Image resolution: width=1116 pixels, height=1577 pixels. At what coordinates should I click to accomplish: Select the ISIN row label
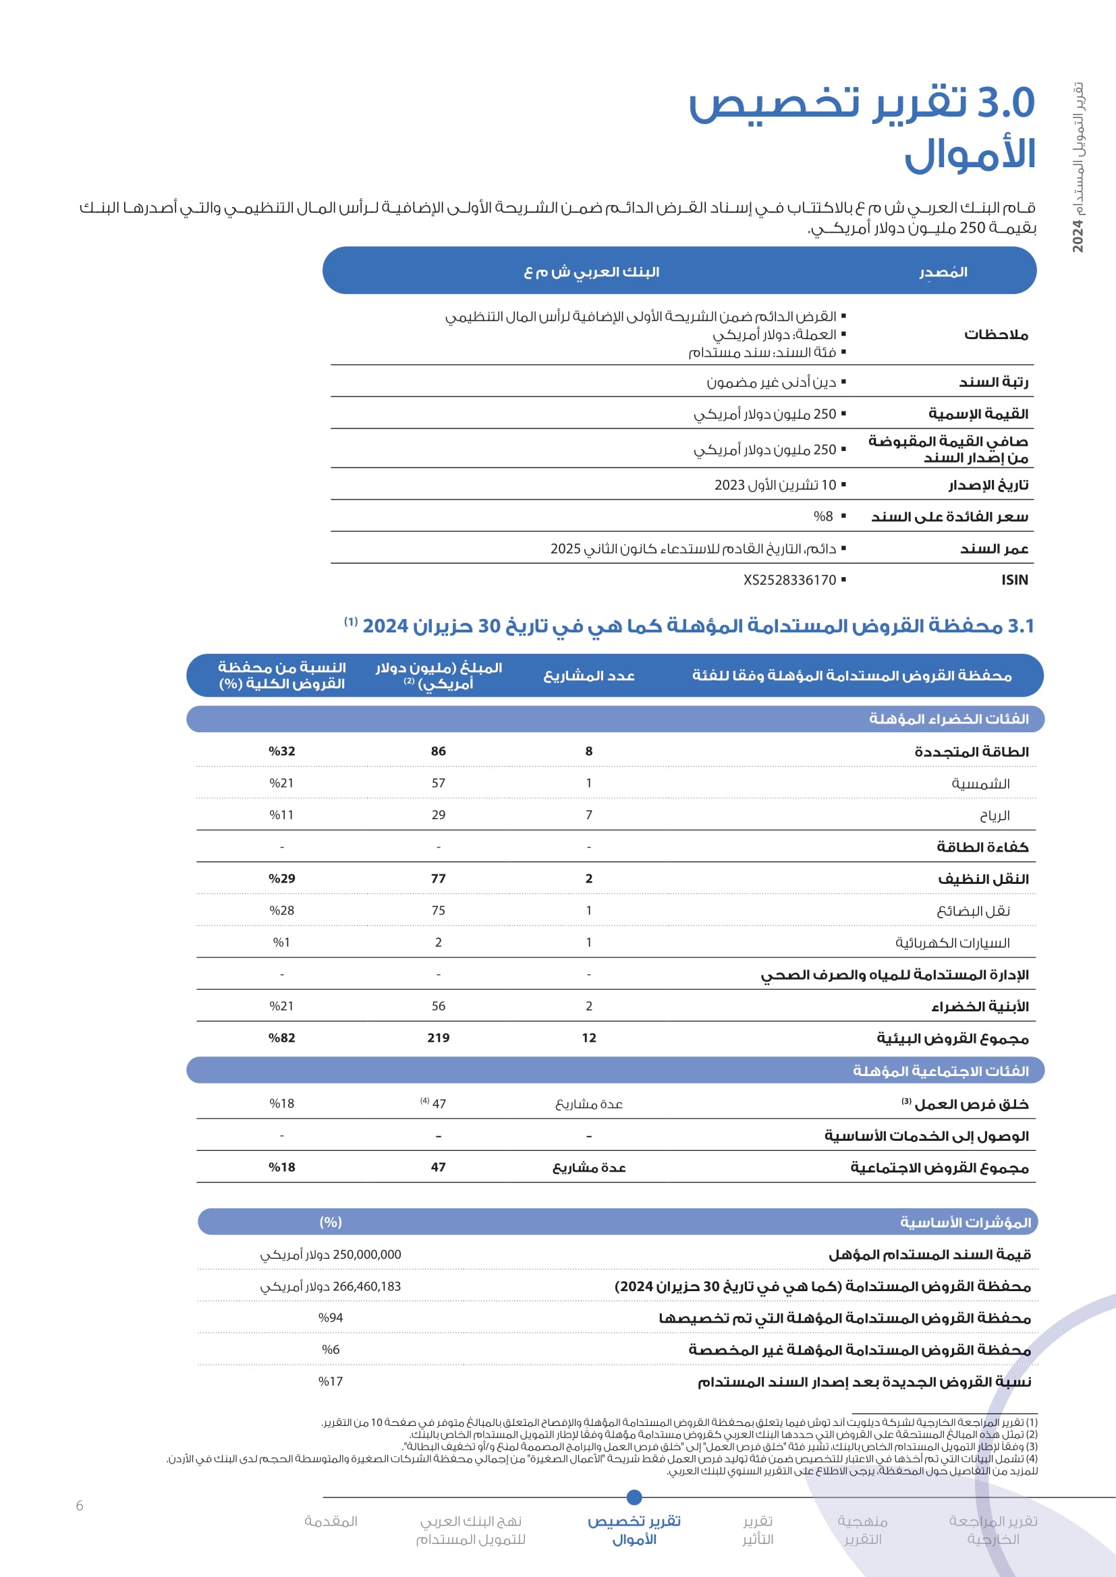1014,581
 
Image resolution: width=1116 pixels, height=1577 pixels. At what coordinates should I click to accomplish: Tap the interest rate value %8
823,516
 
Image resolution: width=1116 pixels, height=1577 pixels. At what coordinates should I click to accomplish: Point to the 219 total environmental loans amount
439,1038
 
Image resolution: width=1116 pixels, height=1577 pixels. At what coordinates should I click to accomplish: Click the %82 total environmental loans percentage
282,1038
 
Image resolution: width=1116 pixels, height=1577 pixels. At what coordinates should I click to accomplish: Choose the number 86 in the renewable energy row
439,751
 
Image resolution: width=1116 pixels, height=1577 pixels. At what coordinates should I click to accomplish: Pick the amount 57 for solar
439,783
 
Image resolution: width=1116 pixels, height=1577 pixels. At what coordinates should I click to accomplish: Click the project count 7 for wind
589,815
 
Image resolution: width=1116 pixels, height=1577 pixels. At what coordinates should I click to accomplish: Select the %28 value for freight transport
282,911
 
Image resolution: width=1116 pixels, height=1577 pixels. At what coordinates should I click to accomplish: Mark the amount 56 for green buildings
439,1006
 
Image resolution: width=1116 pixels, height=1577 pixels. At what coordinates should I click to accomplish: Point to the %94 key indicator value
331,1318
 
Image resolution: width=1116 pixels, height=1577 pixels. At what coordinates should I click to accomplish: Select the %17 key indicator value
331,1381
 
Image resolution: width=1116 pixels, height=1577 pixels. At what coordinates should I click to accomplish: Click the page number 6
80,1506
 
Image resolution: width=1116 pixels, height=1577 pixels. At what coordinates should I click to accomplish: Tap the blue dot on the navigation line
634,1497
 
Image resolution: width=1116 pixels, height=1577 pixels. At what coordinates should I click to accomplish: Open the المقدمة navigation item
331,1521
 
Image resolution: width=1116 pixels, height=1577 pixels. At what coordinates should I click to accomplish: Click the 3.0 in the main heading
1006,103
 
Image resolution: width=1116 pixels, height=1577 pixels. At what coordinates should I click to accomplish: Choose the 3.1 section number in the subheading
1020,626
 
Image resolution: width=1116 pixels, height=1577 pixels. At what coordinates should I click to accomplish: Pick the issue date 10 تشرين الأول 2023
775,485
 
